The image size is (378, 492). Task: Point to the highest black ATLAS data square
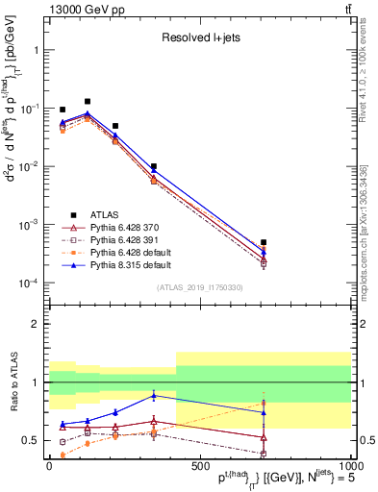[x=88, y=101]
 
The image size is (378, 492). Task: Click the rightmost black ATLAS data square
[x=264, y=242]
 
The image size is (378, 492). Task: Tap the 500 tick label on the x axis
[x=200, y=464]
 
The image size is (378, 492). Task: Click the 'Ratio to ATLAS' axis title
[x=13, y=408]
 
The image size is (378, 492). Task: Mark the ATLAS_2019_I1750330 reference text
[x=199, y=287]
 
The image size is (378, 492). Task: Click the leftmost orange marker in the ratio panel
[x=63, y=455]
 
